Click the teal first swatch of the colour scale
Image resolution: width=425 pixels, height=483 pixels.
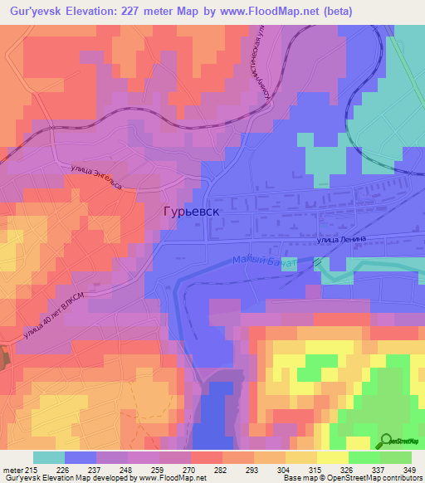pyautogui.click(x=49, y=457)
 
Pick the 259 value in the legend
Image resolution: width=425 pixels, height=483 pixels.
pyautogui.click(x=159, y=469)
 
